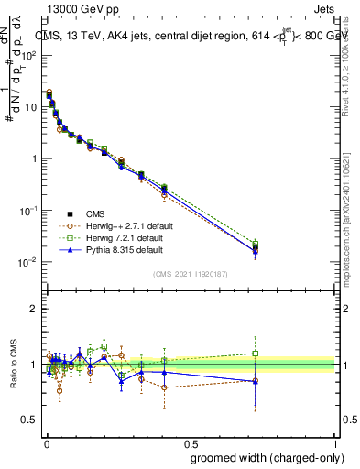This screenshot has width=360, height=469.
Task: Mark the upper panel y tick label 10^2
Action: point(29,55)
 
